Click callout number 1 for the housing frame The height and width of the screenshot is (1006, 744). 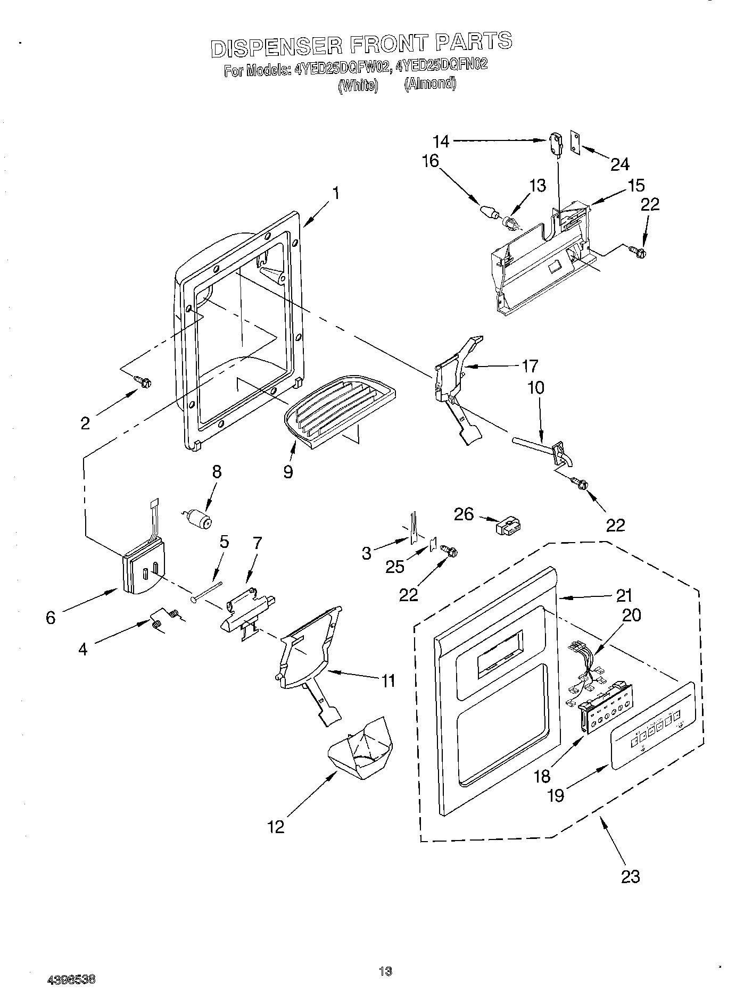[336, 193]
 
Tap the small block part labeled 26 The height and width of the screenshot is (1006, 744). [508, 527]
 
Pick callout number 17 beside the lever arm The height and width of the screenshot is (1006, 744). [530, 366]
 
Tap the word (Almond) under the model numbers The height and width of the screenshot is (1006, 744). [430, 84]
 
